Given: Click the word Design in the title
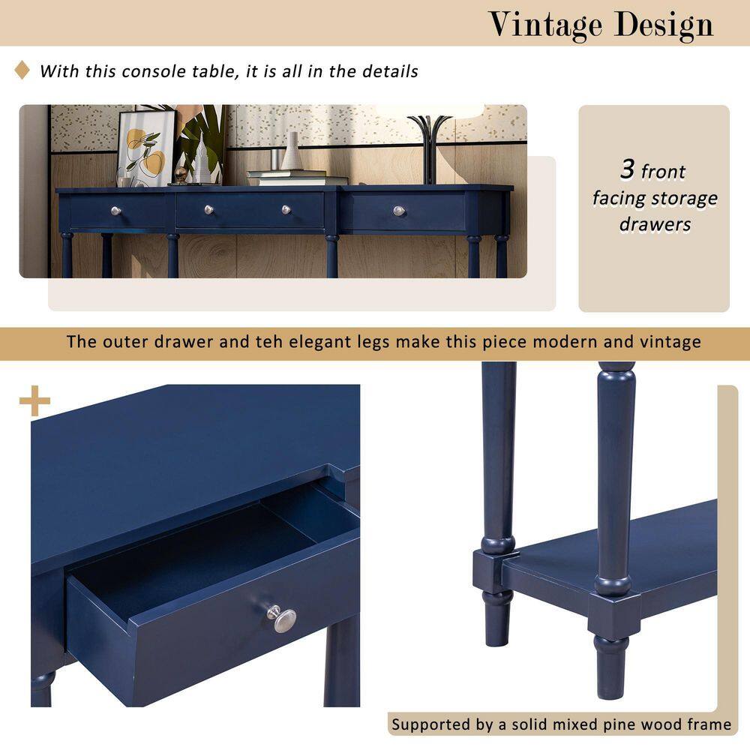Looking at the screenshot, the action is (x=664, y=25).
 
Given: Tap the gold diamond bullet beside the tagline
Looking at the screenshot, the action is (x=22, y=70).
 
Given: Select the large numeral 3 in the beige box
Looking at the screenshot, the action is (x=628, y=169).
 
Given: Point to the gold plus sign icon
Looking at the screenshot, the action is (x=34, y=400).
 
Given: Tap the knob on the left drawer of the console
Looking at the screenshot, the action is (x=115, y=211).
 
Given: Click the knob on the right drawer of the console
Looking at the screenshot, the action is (x=399, y=211).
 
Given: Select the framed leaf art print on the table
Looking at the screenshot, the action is (x=145, y=148).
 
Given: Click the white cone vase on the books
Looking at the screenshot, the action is (x=291, y=151).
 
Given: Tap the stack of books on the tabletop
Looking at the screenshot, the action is (x=297, y=178).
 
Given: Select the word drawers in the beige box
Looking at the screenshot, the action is (x=655, y=223).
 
